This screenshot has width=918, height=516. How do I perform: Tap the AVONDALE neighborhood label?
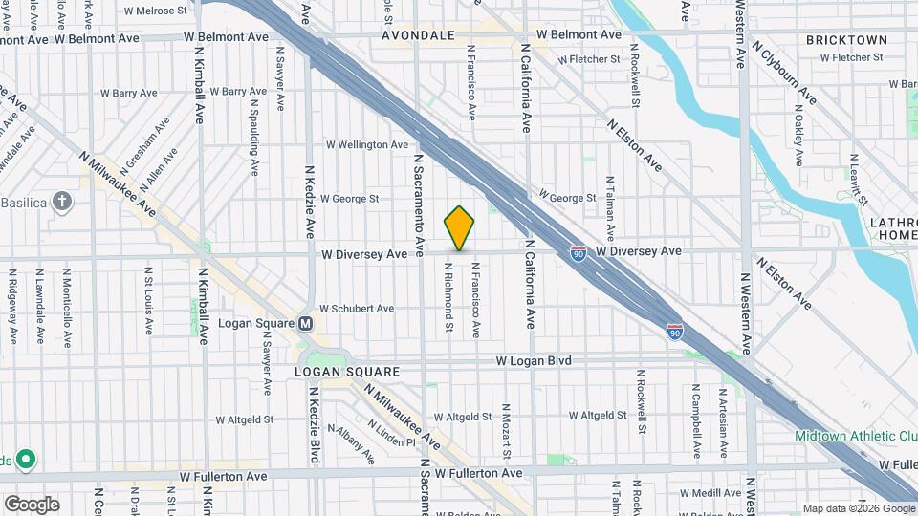point(418,35)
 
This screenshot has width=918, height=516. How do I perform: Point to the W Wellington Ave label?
point(366,145)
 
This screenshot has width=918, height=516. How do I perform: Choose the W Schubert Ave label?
point(357,309)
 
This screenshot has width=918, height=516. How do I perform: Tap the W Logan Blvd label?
point(533,361)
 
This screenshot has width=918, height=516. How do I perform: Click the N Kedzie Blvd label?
point(315,425)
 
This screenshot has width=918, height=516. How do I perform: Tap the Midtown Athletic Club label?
point(856,436)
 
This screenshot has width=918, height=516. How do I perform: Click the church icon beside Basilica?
point(62,202)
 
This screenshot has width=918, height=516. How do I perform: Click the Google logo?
point(32,505)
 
